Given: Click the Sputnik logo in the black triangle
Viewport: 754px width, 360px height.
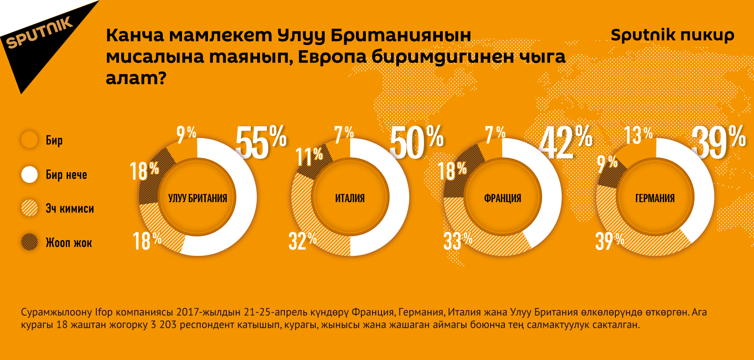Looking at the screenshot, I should click(x=39, y=32).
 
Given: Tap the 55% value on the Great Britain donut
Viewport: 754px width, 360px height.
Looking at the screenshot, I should click(x=261, y=142).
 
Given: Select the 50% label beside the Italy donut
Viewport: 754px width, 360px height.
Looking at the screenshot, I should click(x=416, y=142).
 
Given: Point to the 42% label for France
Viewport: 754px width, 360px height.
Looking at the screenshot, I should click(x=566, y=142).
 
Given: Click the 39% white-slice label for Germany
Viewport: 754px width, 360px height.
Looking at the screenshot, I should click(x=718, y=142).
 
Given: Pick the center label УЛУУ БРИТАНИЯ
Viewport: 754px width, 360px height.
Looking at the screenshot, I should click(x=198, y=198).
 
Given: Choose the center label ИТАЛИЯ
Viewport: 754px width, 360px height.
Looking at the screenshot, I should click(x=350, y=198).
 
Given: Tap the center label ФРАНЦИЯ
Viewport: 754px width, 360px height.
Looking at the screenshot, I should click(x=503, y=198).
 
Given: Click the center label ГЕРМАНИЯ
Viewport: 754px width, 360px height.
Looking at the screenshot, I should click(x=655, y=198).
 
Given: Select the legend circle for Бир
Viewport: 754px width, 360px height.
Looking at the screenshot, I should click(x=30, y=140).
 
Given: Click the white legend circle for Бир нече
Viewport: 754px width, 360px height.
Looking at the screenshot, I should click(x=30, y=174).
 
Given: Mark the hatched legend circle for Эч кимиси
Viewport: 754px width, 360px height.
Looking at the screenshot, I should click(x=30, y=208).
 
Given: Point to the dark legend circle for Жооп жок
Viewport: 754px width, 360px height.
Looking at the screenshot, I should click(x=30, y=242).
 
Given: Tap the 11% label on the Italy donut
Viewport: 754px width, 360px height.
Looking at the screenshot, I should click(x=309, y=157).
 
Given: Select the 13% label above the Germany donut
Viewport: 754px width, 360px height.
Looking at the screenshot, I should click(x=638, y=135).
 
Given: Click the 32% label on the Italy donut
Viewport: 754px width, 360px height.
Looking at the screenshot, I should click(x=303, y=241).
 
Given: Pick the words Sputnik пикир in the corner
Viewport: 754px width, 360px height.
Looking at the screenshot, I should click(x=672, y=35).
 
